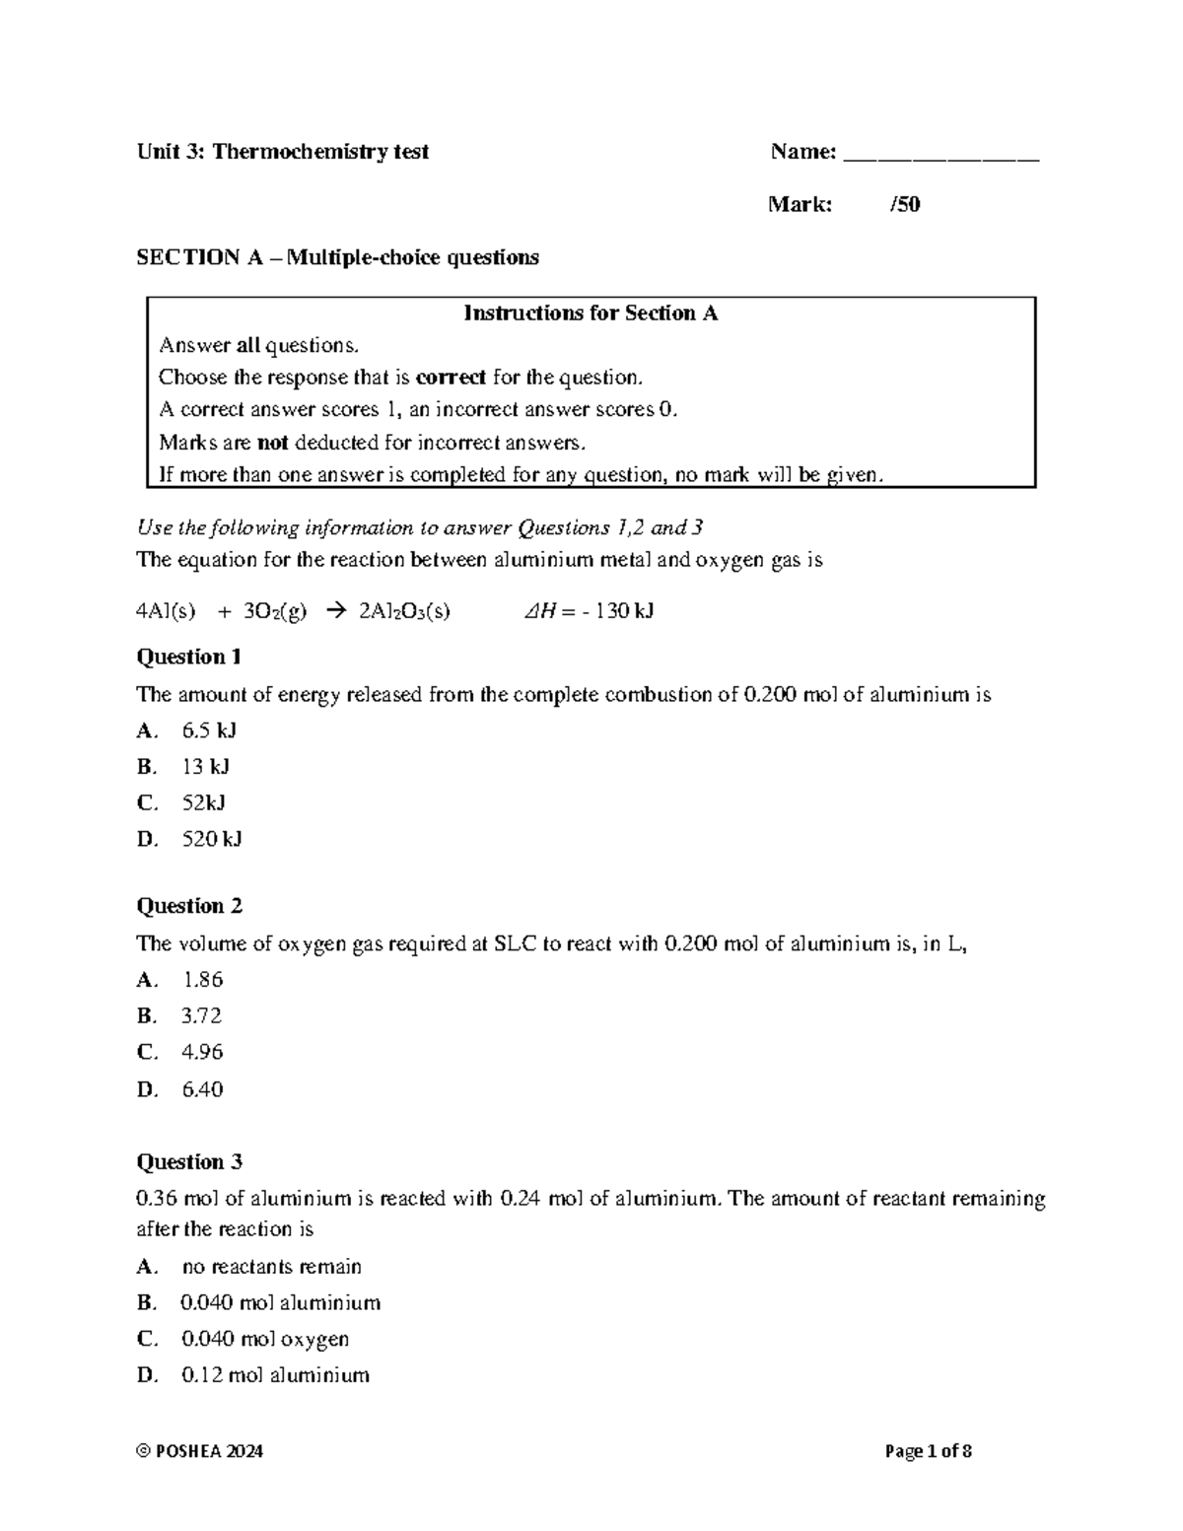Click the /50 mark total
coord(905,205)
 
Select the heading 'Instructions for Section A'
coord(591,313)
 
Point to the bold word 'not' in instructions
coord(272,443)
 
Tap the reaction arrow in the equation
coord(334,611)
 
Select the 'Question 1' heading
coord(188,657)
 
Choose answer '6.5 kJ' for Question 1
coord(209,731)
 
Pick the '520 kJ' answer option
coord(212,839)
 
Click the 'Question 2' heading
coord(189,906)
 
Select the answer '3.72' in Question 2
coord(202,1015)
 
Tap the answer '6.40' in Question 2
coord(202,1089)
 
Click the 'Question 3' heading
coord(189,1161)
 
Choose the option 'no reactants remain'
coord(272,1267)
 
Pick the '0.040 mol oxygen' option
coord(265,1339)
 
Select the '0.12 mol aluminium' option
coord(275,1375)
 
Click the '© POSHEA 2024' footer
coord(200,1451)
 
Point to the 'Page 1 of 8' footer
coord(929,1451)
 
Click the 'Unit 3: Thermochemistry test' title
coord(282,152)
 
